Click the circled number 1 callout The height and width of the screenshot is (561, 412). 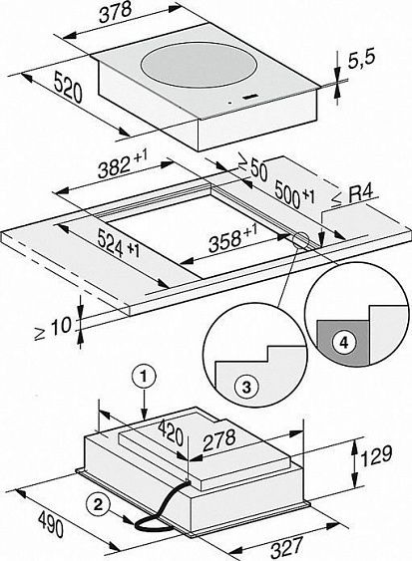click(x=146, y=377)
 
